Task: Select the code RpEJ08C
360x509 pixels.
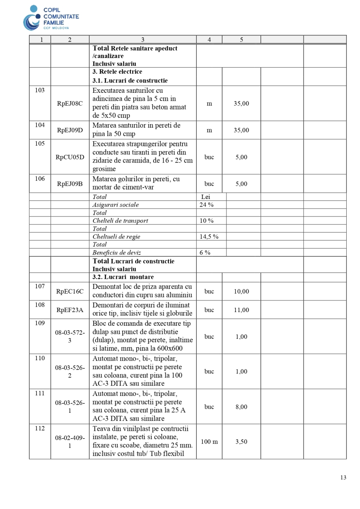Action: pos(70,104)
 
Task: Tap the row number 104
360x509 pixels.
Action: pos(40,125)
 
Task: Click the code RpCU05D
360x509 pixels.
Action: pos(70,157)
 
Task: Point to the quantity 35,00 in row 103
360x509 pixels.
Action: pos(241,104)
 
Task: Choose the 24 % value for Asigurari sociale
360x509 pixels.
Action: pos(206,205)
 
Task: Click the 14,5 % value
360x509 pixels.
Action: pos(209,236)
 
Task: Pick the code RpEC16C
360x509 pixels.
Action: pos(70,291)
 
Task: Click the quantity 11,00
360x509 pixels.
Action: pos(241,310)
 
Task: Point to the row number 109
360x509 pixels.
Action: pos(40,323)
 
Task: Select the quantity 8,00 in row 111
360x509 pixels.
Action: pos(241,407)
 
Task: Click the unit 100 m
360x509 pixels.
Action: pos(209,442)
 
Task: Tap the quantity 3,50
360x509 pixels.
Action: pos(241,442)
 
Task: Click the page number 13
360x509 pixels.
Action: pos(343,478)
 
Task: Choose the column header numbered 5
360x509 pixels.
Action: pos(241,40)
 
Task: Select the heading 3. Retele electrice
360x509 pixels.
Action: pos(117,72)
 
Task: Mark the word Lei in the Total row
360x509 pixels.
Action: pos(205,197)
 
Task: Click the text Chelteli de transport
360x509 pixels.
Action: pos(120,221)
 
